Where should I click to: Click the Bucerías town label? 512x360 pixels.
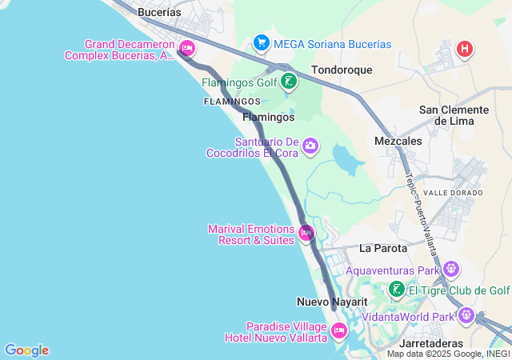tap(159, 13)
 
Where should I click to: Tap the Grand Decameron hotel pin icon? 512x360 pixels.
tap(187, 48)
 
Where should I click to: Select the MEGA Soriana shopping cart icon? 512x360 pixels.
tap(260, 42)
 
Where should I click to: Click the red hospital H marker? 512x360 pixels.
tap(464, 50)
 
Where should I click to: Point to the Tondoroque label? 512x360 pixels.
tap(342, 70)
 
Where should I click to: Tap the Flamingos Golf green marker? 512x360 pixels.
tap(289, 81)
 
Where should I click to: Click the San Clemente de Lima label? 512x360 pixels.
tap(454, 114)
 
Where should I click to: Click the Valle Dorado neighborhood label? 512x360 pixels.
tap(453, 193)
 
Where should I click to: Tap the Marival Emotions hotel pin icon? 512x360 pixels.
tap(306, 234)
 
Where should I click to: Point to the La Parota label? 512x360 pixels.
tap(383, 248)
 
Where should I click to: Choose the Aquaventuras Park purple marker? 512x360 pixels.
tap(452, 269)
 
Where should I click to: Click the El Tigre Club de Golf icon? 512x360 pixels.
tap(396, 290)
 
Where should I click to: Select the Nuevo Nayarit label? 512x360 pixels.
tap(331, 302)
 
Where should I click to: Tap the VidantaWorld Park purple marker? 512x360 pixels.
tap(466, 316)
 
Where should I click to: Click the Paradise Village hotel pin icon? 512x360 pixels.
tap(338, 330)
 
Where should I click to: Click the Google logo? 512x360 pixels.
tap(26, 350)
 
